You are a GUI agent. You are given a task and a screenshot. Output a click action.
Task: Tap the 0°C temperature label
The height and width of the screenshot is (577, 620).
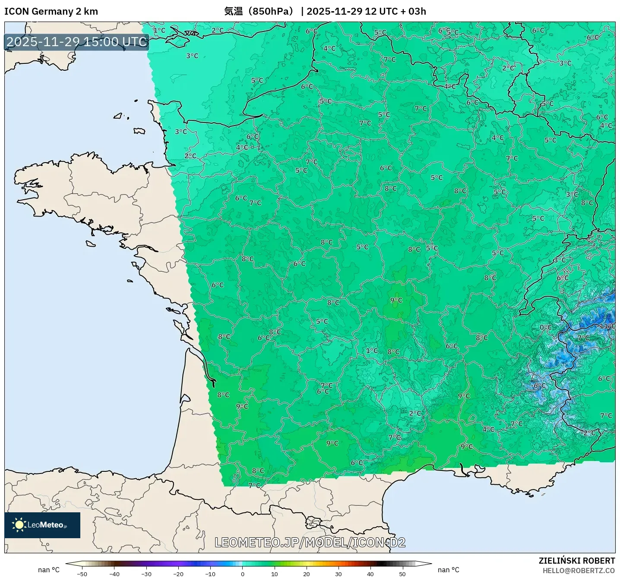coord(546,327)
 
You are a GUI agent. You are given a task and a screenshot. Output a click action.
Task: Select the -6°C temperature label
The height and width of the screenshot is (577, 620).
coord(539,386)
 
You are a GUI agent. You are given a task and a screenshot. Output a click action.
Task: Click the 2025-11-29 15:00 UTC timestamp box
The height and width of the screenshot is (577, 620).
coord(77,42)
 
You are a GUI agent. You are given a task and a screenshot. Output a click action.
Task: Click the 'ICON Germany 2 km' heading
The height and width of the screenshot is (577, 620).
coord(51,11)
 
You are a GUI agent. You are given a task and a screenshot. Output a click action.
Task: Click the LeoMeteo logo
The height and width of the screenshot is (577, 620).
coord(42,525)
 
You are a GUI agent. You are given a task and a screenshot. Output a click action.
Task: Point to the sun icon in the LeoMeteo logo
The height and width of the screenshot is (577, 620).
coord(19,525)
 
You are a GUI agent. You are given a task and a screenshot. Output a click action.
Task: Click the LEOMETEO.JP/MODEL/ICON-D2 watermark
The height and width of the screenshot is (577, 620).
coord(310,542)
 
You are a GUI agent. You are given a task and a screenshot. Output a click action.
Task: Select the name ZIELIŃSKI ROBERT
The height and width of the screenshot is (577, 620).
coord(576,561)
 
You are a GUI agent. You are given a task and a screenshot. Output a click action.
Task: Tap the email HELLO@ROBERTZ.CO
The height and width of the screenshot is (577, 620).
coord(579,571)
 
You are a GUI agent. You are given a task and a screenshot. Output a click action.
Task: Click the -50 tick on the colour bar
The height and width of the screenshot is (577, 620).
coord(82,574)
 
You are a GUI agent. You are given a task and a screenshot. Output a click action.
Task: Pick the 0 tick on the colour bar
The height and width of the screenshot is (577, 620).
coord(242,574)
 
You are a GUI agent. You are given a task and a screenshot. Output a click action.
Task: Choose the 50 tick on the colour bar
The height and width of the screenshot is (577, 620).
coord(402,574)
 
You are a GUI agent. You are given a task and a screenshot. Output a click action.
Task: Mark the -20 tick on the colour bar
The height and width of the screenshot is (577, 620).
coord(178,574)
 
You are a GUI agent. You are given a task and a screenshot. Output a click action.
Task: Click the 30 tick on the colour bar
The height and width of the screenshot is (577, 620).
coord(338,574)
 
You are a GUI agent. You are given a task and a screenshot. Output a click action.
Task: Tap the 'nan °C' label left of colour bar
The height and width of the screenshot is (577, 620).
coord(49,570)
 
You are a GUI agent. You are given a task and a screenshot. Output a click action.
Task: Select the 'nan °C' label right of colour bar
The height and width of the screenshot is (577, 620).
coord(448,570)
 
